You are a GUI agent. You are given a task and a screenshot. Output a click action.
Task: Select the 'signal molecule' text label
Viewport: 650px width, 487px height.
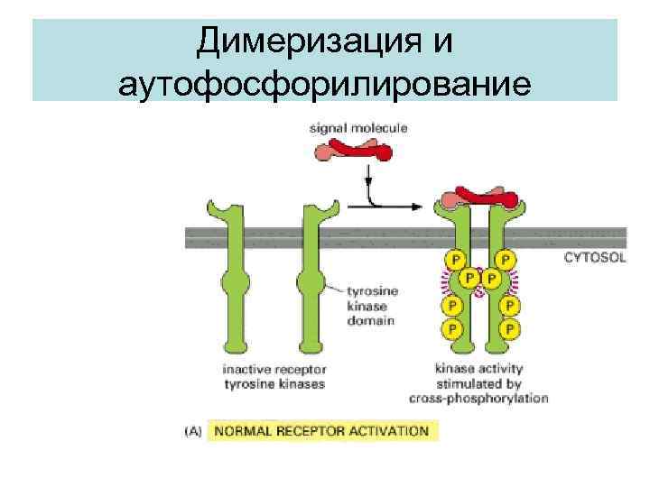pyautogui.click(x=358, y=128)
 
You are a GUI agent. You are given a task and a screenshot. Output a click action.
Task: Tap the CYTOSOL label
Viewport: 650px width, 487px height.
pyautogui.click(x=594, y=257)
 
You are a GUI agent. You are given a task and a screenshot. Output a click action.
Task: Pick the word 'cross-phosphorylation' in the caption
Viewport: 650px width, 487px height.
pyautogui.click(x=491, y=398)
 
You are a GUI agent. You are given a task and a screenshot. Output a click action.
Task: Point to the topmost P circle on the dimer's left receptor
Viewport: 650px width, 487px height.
pyautogui.click(x=451, y=260)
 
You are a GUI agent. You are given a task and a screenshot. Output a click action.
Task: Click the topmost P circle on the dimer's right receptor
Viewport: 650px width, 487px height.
pyautogui.click(x=508, y=260)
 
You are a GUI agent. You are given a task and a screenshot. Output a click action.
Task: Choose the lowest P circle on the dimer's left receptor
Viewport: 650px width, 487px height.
pyautogui.click(x=451, y=328)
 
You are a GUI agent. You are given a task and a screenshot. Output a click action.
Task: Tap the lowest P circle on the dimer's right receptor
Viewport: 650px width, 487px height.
pyautogui.click(x=510, y=328)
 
